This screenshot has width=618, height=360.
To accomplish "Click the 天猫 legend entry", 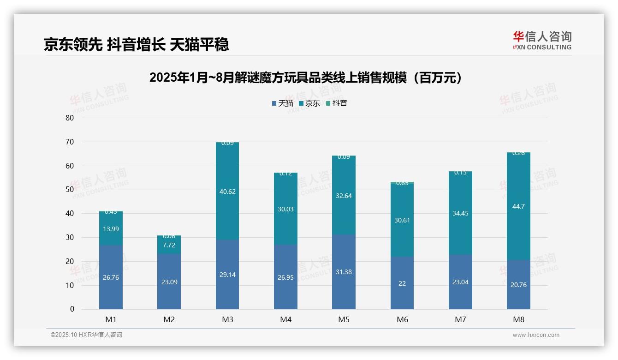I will [282, 103].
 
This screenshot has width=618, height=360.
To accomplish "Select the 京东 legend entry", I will [309, 103].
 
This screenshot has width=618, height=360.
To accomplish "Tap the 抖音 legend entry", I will [337, 103].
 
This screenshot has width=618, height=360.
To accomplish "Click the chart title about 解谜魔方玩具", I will [306, 78].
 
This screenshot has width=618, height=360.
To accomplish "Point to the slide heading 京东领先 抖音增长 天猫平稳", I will [137, 45].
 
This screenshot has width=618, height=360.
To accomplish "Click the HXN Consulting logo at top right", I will [542, 40].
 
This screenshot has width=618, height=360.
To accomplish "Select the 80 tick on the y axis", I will [70, 118].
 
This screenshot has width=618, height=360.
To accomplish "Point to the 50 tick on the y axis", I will [70, 190].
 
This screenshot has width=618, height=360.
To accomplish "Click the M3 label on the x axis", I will [227, 320].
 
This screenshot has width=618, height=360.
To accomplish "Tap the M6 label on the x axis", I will [402, 320].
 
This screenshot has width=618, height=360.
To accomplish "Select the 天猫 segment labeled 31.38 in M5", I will [344, 272].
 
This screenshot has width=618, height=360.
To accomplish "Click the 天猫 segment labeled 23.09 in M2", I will [169, 282].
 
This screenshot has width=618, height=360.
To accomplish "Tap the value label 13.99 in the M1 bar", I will [111, 229].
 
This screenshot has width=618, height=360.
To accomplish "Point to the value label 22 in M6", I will [402, 283].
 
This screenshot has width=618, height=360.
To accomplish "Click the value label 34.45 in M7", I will [460, 213].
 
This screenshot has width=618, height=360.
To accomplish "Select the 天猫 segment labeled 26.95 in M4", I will [285, 277].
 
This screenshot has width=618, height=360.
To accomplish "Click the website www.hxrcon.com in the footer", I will [536, 335].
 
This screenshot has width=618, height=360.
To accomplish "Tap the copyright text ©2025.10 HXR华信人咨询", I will [86, 335].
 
